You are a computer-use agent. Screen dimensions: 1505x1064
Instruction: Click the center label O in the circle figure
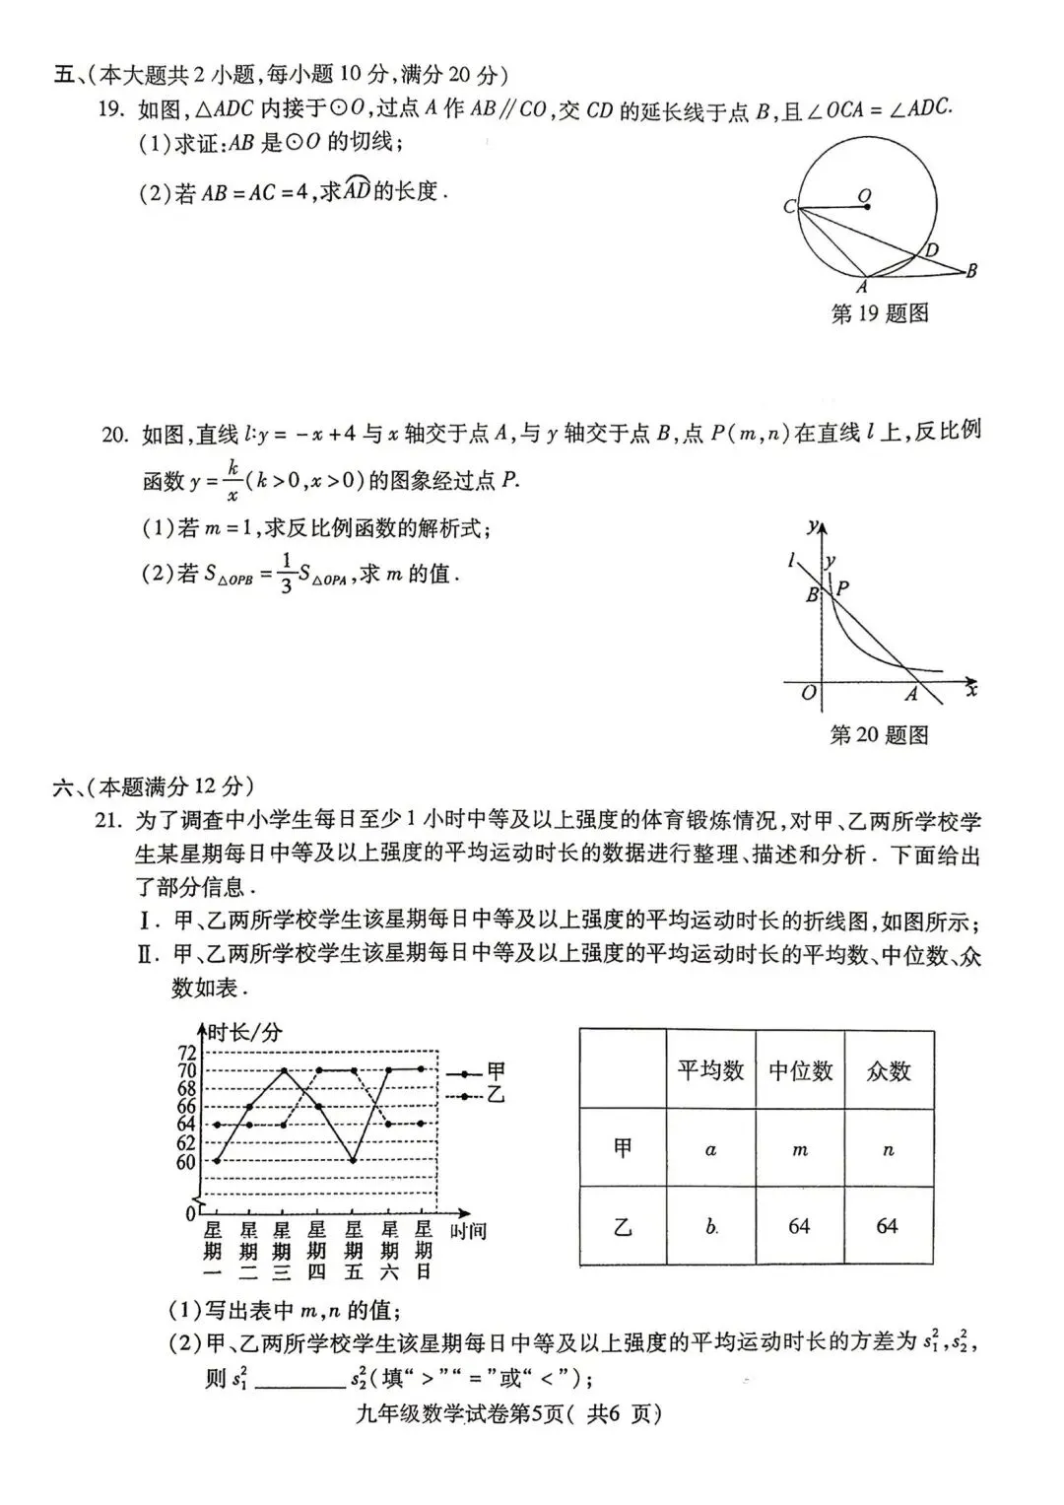[x=864, y=196]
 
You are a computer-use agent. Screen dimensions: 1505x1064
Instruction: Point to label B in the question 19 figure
[x=971, y=270]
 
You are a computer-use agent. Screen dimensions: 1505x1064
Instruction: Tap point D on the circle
[x=931, y=251]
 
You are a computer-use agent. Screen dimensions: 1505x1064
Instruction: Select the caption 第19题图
[x=880, y=314]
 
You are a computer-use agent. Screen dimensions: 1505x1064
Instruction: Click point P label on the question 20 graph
[x=842, y=588]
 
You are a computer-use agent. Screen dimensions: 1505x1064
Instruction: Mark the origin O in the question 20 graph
[x=808, y=693]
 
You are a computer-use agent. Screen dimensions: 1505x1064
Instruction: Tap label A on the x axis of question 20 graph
[x=911, y=695]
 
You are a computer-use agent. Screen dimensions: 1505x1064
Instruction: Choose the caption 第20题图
[x=879, y=735]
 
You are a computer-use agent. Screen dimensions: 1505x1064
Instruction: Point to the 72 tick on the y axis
[x=187, y=1053]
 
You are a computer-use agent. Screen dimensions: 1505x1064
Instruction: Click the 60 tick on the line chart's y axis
[x=187, y=1162]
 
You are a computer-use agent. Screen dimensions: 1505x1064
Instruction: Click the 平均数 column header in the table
[x=710, y=1070]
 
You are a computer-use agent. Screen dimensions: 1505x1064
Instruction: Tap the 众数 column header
[x=888, y=1070]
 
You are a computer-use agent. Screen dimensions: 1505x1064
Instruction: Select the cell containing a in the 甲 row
[x=710, y=1149]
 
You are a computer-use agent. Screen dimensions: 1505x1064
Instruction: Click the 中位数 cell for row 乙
[x=799, y=1226]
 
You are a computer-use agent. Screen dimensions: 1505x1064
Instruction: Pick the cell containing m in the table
[x=799, y=1149]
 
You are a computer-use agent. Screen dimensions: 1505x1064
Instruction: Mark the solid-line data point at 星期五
[x=354, y=1161]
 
